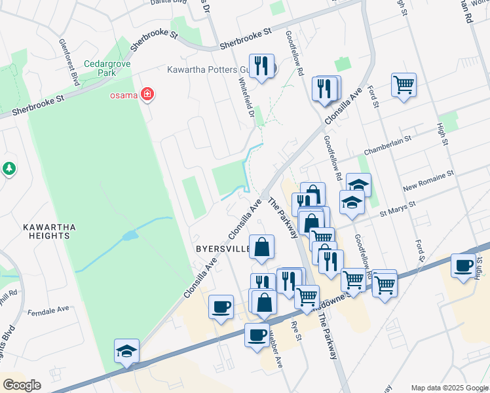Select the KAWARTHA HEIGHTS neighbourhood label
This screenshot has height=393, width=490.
click(50, 233)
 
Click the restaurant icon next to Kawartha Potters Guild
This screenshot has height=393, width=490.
click(261, 66)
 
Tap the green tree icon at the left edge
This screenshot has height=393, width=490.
click(9, 169)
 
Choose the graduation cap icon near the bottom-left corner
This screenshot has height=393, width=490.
click(126, 352)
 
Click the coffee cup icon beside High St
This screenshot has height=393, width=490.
click(463, 267)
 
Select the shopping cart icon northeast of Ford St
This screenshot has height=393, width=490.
click(404, 85)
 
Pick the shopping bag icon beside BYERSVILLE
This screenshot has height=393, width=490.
click(261, 248)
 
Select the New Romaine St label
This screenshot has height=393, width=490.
click(428, 181)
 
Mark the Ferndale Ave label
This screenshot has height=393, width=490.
click(53, 309)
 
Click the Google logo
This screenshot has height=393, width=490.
click(22, 385)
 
